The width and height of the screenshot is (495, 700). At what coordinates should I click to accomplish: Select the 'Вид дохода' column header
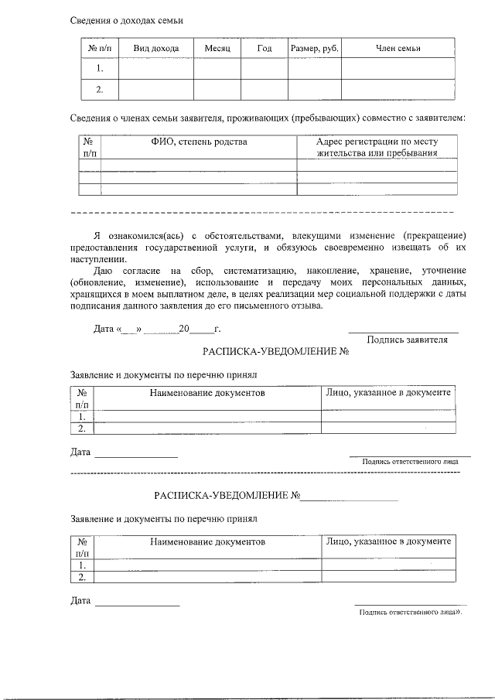pos(156,49)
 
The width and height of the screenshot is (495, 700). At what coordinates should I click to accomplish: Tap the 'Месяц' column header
pos(217,49)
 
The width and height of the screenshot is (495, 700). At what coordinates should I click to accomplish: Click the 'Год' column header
pos(264,49)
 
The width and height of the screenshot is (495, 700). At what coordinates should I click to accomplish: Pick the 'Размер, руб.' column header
pos(314,49)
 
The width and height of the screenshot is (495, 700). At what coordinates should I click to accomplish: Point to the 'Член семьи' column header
pos(398,49)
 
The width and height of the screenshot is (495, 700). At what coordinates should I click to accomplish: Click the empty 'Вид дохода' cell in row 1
pos(156,69)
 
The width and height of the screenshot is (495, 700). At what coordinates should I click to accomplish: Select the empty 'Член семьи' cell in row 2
pos(398,90)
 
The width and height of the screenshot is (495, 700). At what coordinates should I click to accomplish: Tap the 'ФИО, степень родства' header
pos(199,142)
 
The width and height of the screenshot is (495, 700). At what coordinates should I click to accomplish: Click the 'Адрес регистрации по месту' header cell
pos(377,142)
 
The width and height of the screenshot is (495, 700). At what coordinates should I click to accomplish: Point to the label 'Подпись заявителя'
pos(407,339)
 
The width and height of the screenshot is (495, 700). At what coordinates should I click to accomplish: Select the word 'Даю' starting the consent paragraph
pos(104,271)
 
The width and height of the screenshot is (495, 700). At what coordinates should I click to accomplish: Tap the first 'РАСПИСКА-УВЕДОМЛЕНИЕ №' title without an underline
pos(277,352)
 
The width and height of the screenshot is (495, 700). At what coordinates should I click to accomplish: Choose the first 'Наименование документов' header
pos(207,393)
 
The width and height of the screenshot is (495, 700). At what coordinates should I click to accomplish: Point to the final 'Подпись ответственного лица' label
pos(410,612)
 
